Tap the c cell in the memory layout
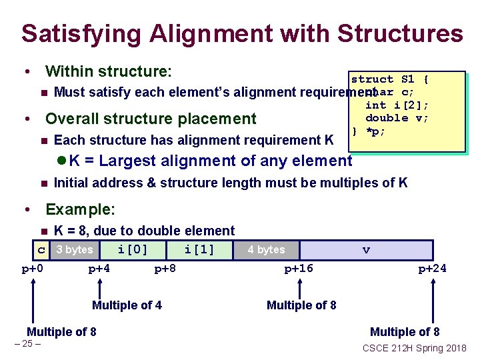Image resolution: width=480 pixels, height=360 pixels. pyautogui.click(x=41, y=250)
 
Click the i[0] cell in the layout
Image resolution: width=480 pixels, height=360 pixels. pyautogui.click(x=132, y=250)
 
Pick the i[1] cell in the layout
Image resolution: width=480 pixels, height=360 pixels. pyautogui.click(x=199, y=250)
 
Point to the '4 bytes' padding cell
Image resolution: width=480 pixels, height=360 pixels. pyautogui.click(x=266, y=250)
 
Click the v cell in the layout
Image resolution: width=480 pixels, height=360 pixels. pyautogui.click(x=366, y=250)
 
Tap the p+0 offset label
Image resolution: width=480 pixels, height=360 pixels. pyautogui.click(x=33, y=269)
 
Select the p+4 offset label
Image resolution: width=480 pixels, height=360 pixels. pyautogui.click(x=99, y=269)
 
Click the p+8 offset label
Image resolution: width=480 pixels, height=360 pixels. pyautogui.click(x=165, y=269)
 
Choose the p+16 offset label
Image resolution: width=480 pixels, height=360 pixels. pyautogui.click(x=299, y=269)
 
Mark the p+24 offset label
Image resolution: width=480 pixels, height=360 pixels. pyautogui.click(x=432, y=269)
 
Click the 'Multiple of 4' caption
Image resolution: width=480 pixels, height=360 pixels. pyautogui.click(x=127, y=305)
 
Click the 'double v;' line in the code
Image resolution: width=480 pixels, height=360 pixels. pyautogui.click(x=397, y=118)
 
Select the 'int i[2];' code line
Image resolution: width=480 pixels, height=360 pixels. pyautogui.click(x=397, y=105)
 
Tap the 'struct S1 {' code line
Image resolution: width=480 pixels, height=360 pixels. pyautogui.click(x=390, y=79)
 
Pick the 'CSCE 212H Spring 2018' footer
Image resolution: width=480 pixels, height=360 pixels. pyautogui.click(x=414, y=347)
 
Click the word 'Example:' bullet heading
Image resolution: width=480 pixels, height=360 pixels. pyautogui.click(x=80, y=209)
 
